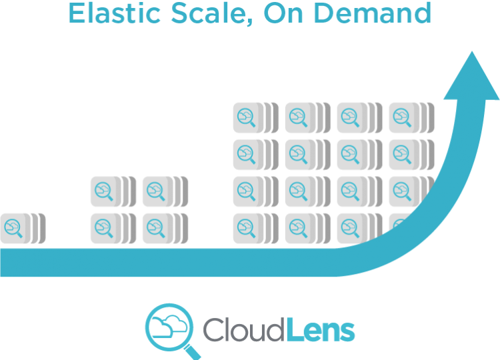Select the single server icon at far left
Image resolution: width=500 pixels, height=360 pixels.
[x=19, y=228]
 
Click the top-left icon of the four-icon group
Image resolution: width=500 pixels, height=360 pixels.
[x=109, y=192]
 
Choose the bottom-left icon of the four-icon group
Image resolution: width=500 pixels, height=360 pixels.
[x=109, y=228]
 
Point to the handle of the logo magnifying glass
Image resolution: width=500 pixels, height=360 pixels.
[x=193, y=348]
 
